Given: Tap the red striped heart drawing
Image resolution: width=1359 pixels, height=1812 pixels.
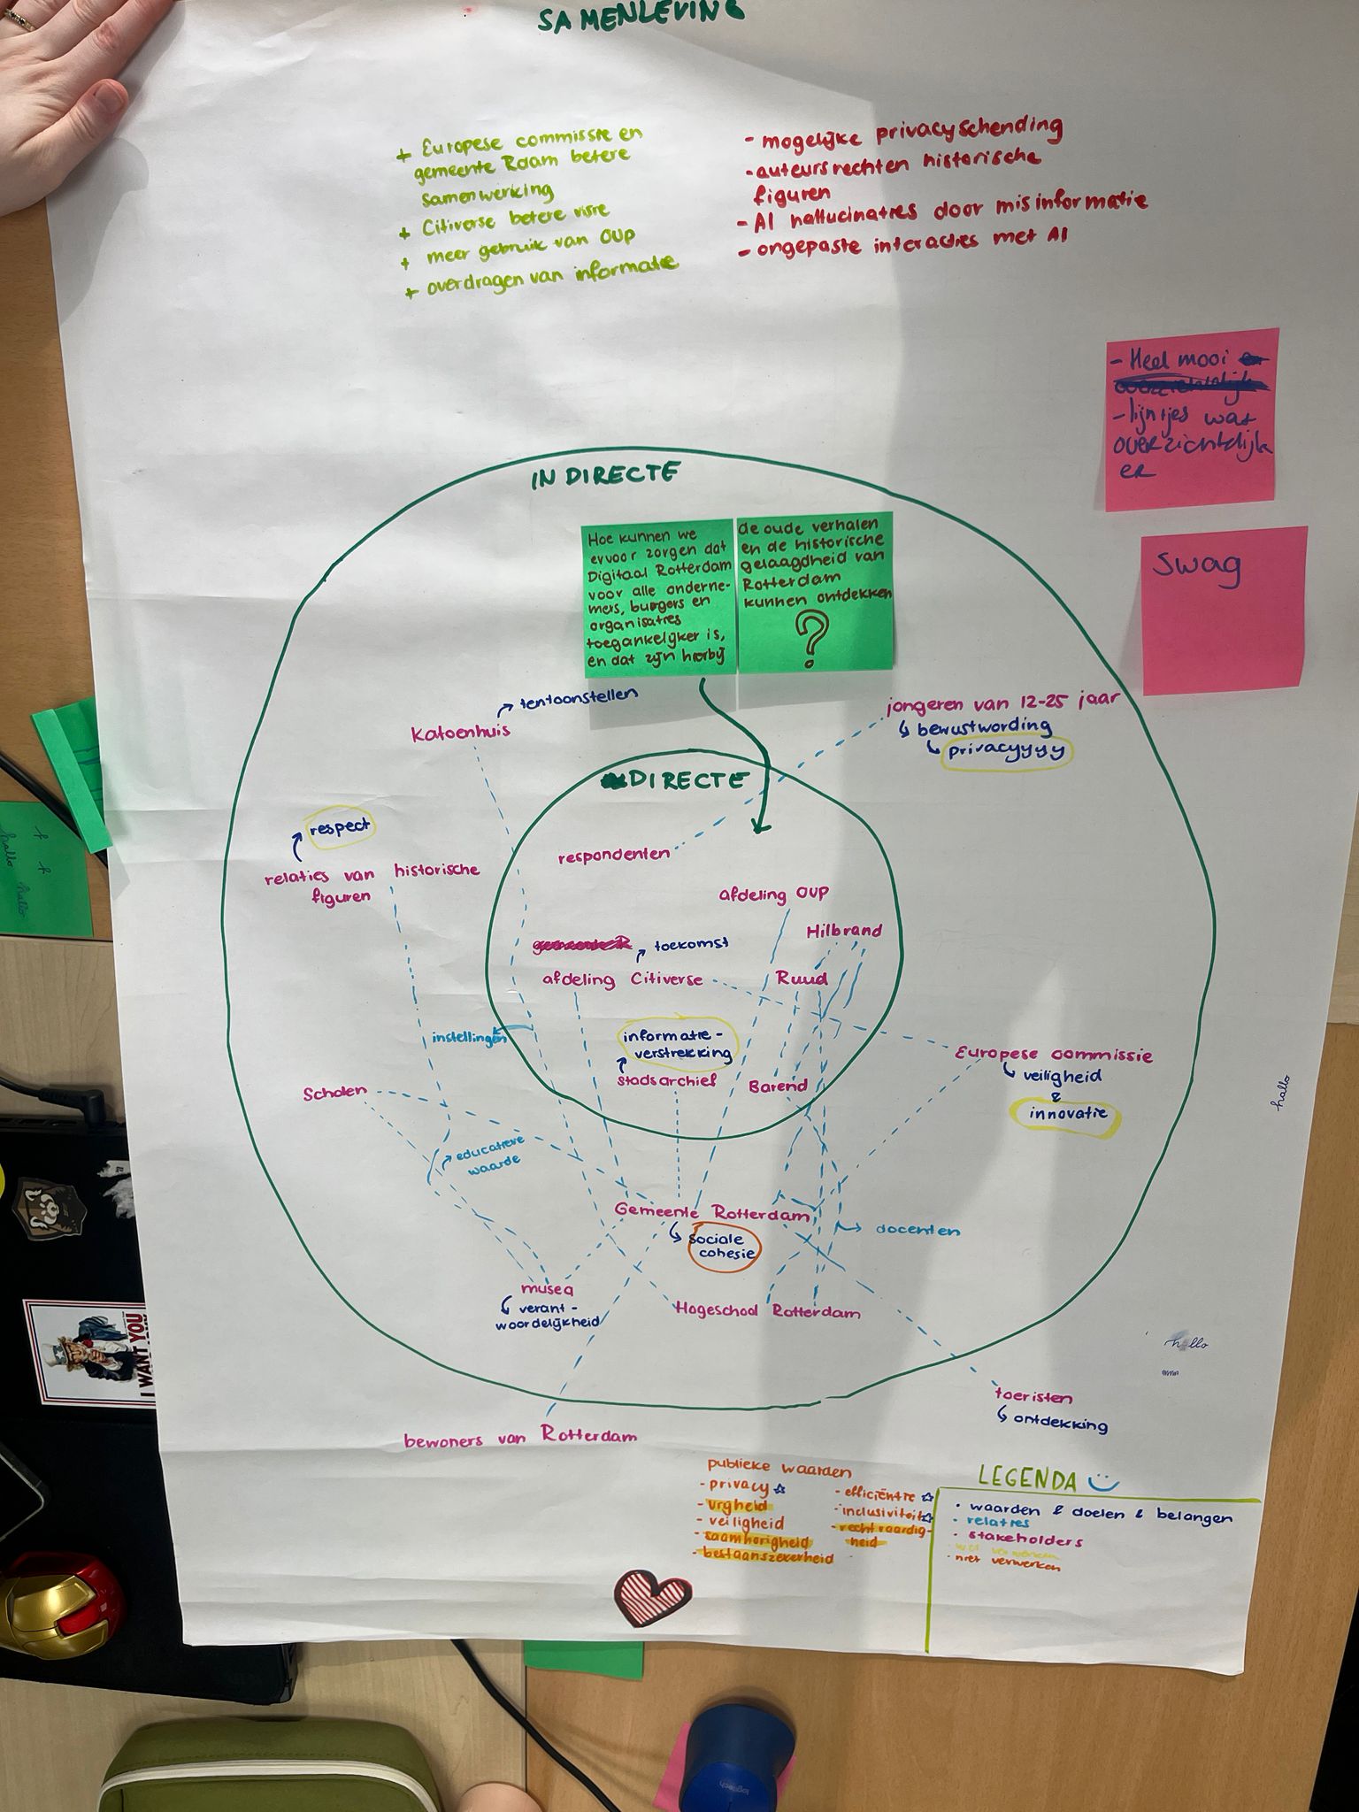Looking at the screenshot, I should click(x=653, y=1597).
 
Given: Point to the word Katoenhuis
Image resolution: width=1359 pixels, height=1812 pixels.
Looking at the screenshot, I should click(x=460, y=733).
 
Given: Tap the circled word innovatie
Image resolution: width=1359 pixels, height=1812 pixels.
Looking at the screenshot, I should click(x=1067, y=1113).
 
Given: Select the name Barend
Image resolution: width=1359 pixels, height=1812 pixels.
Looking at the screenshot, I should click(x=778, y=1086).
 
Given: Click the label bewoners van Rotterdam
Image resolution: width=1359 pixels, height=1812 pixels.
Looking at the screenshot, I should click(x=520, y=1438).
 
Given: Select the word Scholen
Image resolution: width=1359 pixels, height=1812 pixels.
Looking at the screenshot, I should click(x=334, y=1092).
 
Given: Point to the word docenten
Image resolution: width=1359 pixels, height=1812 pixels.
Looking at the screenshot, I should click(x=918, y=1230).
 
